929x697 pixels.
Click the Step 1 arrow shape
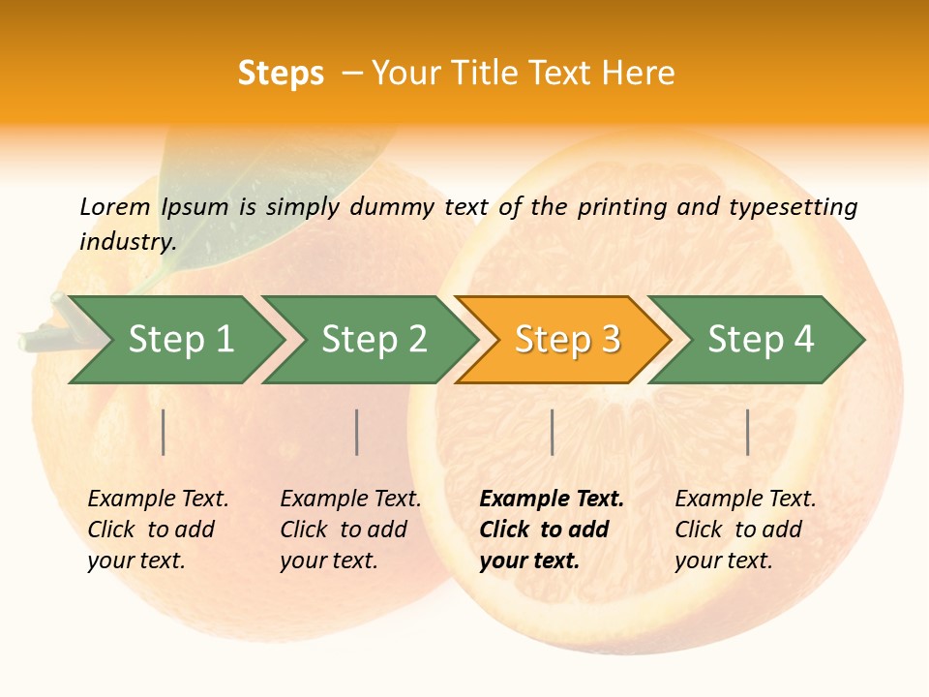point(179,340)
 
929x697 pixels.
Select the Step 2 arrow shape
point(373,340)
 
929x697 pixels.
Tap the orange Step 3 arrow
point(566,340)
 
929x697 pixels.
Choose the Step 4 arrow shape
point(760,340)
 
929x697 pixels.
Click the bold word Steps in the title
point(281,74)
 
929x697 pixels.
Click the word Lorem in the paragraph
point(115,206)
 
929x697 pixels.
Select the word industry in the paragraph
point(126,241)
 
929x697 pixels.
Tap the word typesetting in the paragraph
point(793,207)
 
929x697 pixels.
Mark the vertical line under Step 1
point(164,432)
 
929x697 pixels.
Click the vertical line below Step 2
point(357,432)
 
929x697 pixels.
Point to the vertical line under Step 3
point(552,432)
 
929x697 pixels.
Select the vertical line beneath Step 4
point(747,432)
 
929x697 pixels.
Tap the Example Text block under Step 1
point(158,530)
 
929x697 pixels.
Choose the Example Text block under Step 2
point(350,530)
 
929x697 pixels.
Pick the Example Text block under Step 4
point(745,530)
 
